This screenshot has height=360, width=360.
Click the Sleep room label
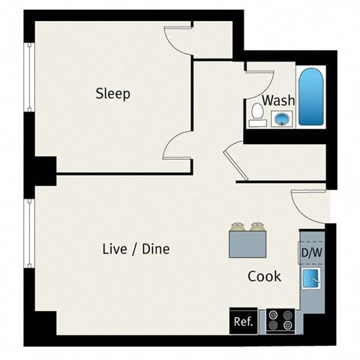tap(112, 94)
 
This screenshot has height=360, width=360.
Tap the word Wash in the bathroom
tap(278, 100)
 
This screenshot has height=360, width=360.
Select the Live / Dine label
tap(136, 249)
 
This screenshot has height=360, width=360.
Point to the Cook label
tap(264, 276)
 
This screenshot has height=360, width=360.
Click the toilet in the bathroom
tap(256, 113)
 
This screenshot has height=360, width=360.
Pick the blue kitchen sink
tap(310, 280)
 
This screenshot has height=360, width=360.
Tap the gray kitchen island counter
tap(248, 244)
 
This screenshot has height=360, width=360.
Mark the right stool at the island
tap(258, 226)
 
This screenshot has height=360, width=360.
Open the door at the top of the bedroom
tap(179, 37)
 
